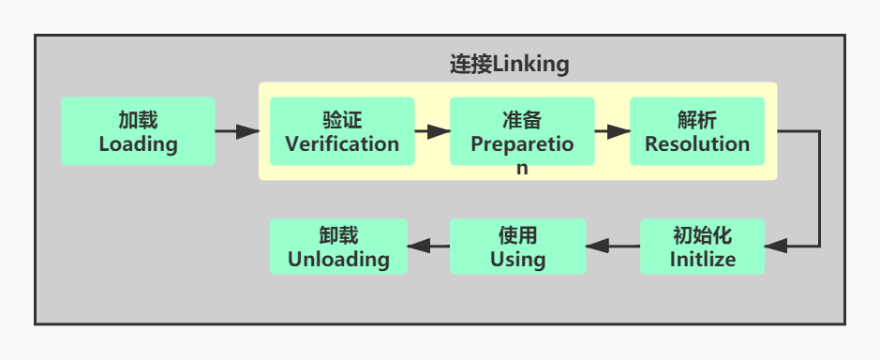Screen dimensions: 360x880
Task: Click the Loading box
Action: tap(138, 131)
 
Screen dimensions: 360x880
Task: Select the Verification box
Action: tap(342, 131)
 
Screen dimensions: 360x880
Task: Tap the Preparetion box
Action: tap(522, 131)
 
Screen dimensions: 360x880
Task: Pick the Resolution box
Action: tap(697, 131)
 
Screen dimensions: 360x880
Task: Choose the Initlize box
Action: tap(702, 247)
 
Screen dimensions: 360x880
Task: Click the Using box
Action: tap(517, 247)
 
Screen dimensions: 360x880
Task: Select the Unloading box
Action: tap(338, 247)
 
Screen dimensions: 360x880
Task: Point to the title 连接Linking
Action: tap(509, 65)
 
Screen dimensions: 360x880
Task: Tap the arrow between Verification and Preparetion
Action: tap(432, 131)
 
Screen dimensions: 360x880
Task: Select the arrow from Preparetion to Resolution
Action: tap(612, 131)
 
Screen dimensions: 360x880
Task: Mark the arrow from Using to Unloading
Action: tap(428, 247)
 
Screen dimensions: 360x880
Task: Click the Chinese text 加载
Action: tap(138, 120)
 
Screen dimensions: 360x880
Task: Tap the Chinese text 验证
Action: tap(342, 120)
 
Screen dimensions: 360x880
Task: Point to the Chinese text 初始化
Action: tap(702, 235)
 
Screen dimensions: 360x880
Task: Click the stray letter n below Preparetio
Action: tap(522, 169)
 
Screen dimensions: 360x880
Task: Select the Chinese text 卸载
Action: tap(338, 235)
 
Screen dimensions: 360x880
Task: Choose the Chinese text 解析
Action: tap(697, 120)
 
